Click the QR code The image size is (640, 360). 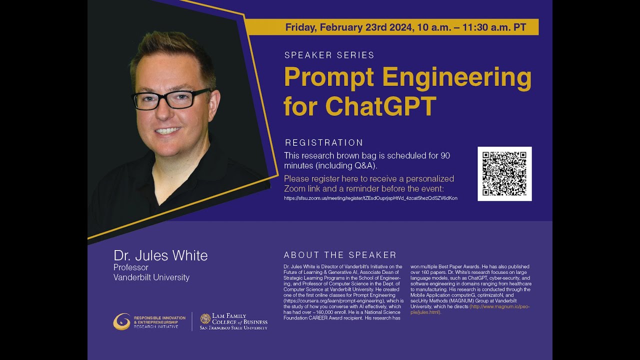point(504,173)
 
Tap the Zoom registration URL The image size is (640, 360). point(370,198)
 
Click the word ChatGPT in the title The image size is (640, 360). point(380,105)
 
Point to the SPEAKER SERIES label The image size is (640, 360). point(329,55)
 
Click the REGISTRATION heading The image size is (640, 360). point(323,143)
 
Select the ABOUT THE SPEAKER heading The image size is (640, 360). point(340,255)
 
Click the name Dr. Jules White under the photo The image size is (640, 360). point(160,255)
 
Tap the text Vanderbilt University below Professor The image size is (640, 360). point(151,277)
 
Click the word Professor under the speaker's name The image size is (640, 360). point(131,267)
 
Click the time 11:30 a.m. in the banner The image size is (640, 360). point(485,27)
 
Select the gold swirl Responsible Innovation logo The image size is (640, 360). point(121,321)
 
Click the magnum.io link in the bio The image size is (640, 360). point(499,306)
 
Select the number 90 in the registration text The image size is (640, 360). point(445,155)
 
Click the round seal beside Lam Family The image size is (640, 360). point(205,318)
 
